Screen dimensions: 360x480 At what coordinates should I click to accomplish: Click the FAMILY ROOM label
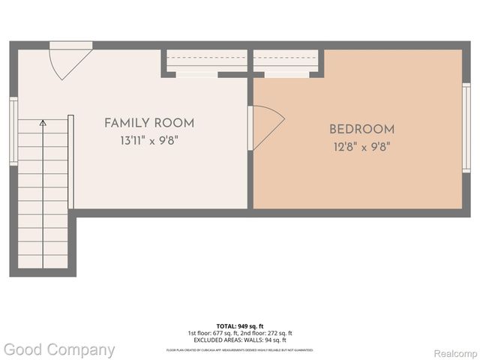coord(148,123)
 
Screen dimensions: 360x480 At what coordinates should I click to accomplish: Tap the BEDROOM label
coord(361,130)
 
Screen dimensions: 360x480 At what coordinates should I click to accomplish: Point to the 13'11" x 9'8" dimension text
coord(148,140)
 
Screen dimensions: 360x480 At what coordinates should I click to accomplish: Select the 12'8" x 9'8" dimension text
coord(361,147)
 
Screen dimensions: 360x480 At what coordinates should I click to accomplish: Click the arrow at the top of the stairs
coord(43,122)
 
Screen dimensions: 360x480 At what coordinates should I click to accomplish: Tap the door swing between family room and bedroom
coord(265,123)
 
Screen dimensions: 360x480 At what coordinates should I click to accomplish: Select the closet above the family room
coord(205,63)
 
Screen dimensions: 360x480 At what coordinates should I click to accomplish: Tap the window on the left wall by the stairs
coord(13,131)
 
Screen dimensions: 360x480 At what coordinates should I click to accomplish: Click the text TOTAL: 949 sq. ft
coord(239,325)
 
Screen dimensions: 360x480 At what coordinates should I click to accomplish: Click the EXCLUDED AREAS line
coord(239,339)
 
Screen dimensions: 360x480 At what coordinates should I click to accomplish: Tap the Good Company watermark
coord(58,349)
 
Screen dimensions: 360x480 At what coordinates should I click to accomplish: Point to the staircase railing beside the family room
coord(70,161)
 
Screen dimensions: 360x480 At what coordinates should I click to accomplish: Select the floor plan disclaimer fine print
coord(239,349)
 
